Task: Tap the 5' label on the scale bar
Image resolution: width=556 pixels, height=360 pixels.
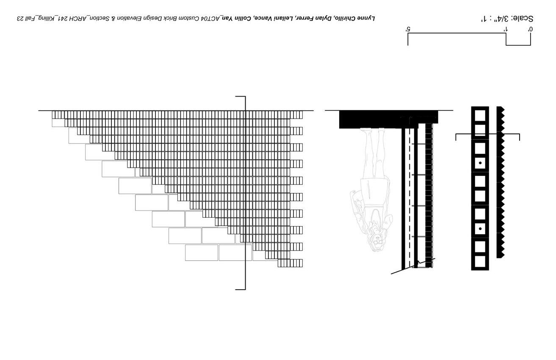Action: pyautogui.click(x=408, y=29)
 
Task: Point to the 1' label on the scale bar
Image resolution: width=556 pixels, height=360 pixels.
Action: pyautogui.click(x=505, y=29)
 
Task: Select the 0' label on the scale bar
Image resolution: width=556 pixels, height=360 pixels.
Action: pyautogui.click(x=530, y=29)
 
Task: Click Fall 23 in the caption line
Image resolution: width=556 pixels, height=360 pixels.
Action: pyautogui.click(x=27, y=18)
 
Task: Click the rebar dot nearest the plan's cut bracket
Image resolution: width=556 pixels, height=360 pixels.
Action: pyautogui.click(x=480, y=163)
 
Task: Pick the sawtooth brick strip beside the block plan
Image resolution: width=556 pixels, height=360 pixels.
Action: pyautogui.click(x=501, y=182)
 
